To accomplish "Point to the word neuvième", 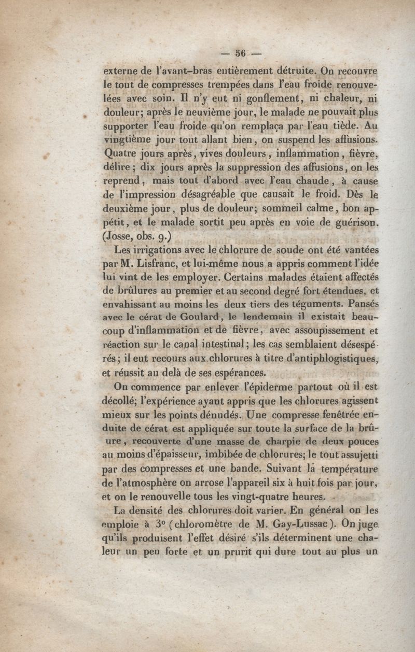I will click(x=204, y=112).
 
